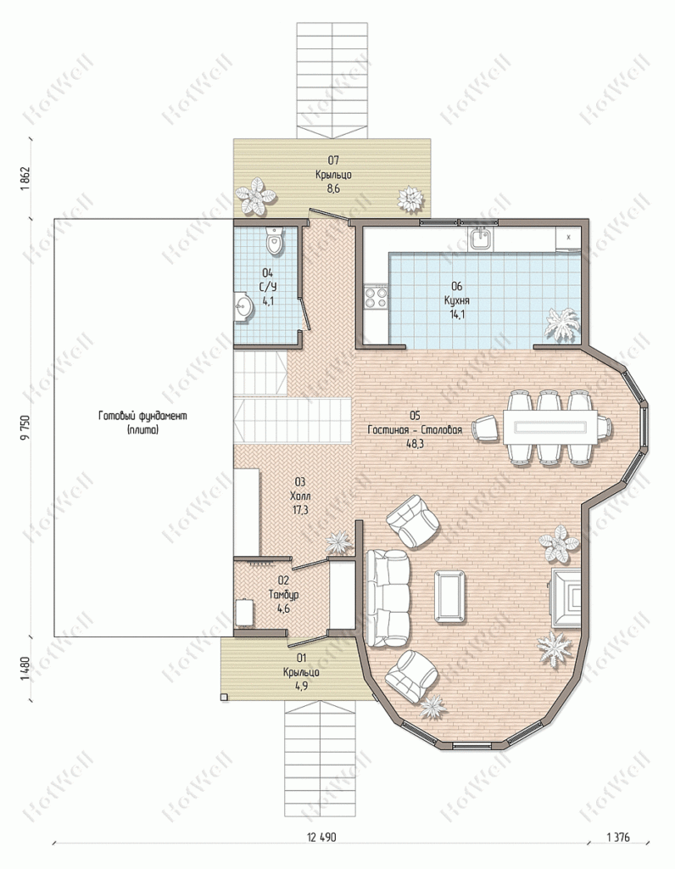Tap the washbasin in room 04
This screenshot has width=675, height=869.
pos(243,306)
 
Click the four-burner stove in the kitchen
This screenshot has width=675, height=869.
pos(376,297)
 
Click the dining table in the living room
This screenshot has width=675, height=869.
pos(549,428)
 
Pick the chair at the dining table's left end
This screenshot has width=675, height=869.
pos(485,429)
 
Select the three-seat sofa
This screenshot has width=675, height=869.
pos(387,598)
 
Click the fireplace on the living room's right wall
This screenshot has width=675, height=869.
pos(565,597)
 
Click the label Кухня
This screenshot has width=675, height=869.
pos(457,300)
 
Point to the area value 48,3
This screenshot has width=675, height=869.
pos(415,443)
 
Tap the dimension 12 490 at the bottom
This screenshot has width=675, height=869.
pos(321,838)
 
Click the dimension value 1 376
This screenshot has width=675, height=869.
pos(618,838)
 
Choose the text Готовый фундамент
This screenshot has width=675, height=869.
pos(142,416)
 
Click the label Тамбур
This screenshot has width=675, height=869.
pos(283,595)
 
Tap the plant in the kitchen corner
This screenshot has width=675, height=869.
pos(562,323)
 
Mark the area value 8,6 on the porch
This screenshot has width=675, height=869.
pos(332,189)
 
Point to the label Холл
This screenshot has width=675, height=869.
pos(300,496)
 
